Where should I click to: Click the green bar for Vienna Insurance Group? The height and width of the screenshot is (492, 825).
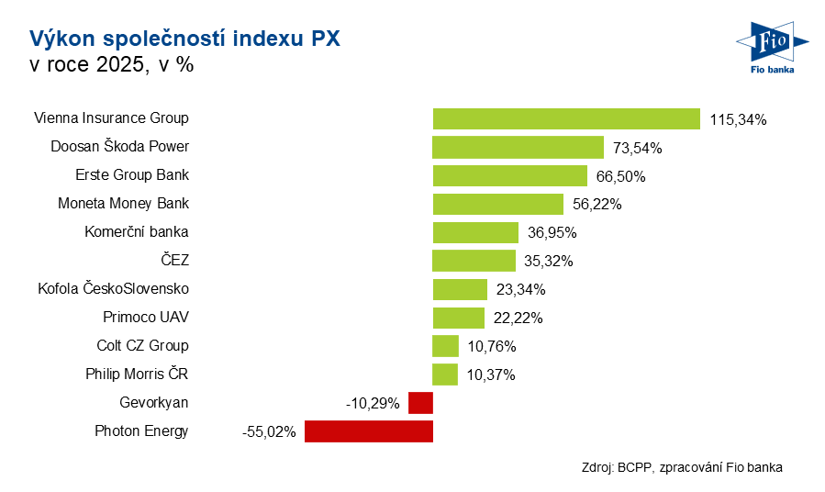pos(566,118)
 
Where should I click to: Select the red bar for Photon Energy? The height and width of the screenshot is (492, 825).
pos(368,431)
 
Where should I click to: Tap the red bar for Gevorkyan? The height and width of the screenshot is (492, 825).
pos(420,403)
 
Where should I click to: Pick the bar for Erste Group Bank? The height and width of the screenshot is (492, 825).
pos(509,175)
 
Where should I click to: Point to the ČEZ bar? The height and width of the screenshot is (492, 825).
pos(474,261)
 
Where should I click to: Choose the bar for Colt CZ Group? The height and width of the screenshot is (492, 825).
pos(445,346)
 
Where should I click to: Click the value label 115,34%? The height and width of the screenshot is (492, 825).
pos(738,119)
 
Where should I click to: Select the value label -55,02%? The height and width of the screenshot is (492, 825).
pos(269,432)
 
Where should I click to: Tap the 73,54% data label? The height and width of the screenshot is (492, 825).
pos(639,148)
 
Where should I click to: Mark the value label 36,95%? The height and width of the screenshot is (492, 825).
pos(553,233)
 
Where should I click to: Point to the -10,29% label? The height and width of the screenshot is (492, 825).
pos(373,404)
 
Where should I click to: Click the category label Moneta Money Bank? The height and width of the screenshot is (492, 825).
pos(123,204)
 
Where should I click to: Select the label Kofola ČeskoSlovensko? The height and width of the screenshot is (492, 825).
pos(113,289)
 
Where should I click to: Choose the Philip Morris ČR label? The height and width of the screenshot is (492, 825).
pos(137,375)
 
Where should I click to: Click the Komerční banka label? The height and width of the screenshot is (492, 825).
pos(136,232)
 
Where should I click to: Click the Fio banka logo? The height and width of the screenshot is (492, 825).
pos(771,46)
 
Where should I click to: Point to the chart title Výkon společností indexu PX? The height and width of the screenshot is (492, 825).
pos(184,39)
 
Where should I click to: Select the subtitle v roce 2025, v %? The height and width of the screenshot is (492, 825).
pos(111,66)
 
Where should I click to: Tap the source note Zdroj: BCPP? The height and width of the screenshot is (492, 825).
pos(682,467)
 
